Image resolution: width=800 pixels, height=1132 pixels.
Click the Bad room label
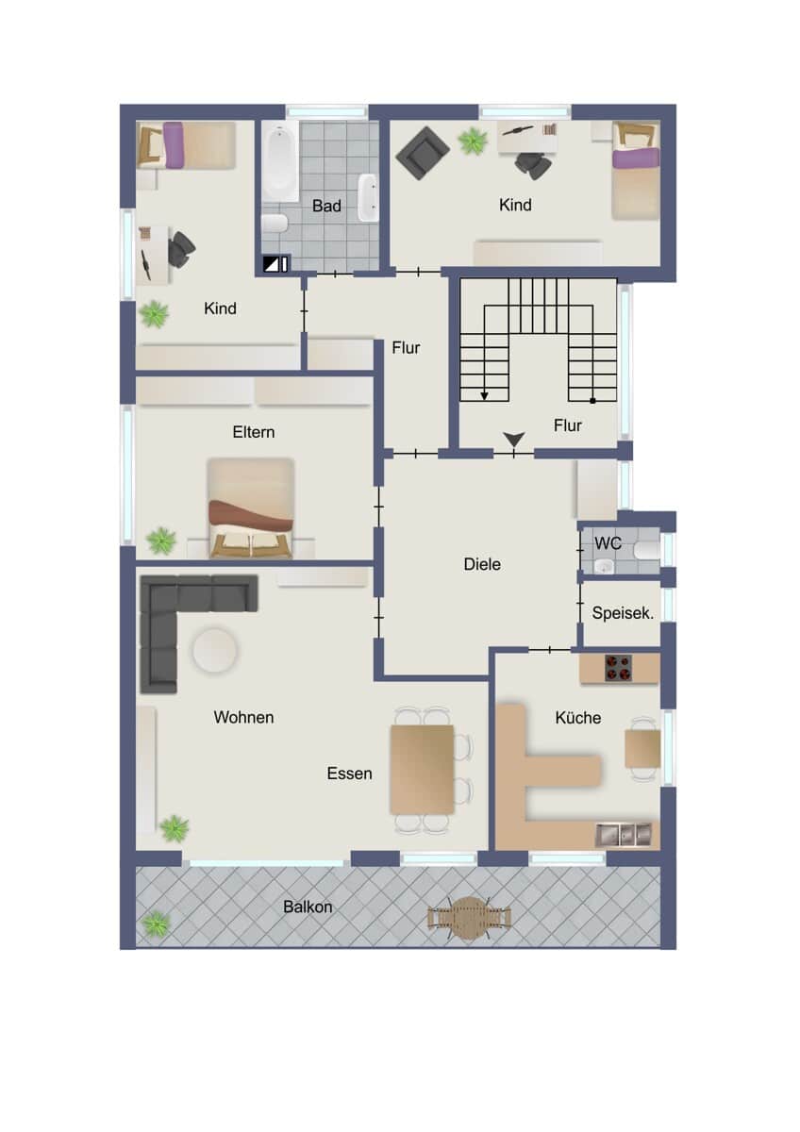[326, 206]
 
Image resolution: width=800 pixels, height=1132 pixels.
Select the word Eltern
[254, 432]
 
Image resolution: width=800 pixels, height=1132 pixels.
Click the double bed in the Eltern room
[251, 508]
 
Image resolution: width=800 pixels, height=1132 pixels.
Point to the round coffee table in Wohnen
[215, 650]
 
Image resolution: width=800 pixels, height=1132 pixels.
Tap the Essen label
[349, 774]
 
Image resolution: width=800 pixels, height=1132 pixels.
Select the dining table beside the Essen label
[422, 770]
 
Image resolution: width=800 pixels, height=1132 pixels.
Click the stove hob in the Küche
[618, 668]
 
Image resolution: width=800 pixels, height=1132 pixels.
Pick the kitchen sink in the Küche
[624, 835]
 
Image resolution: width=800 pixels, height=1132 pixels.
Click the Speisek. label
[623, 613]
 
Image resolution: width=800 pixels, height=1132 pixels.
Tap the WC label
[608, 543]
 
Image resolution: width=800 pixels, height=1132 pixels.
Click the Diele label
[482, 564]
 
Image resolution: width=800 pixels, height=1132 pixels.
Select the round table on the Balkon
[470, 918]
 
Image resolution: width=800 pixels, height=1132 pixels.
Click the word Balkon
[308, 907]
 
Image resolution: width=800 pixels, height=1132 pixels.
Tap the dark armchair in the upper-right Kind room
[423, 153]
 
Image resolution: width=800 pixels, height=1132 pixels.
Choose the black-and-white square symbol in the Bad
[272, 264]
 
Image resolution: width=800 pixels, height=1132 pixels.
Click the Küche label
[578, 718]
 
